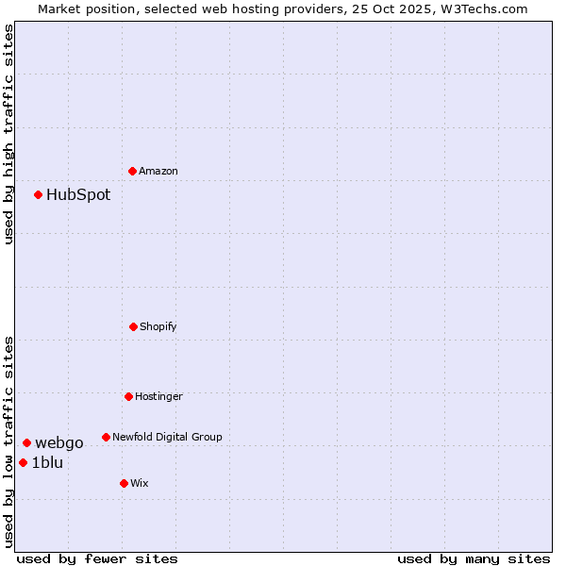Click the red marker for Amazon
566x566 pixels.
pyautogui.click(x=133, y=171)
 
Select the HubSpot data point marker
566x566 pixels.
pyautogui.click(x=39, y=195)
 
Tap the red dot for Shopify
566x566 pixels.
pyautogui.click(x=134, y=326)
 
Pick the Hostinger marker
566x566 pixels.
pyautogui.click(x=129, y=396)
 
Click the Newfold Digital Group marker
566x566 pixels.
pyautogui.click(x=107, y=437)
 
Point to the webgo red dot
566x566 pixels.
pyautogui.click(x=27, y=442)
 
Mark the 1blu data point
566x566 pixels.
pyautogui.click(x=24, y=462)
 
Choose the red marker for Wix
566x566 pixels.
pyautogui.click(x=125, y=483)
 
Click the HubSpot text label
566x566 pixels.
pyautogui.click(x=78, y=195)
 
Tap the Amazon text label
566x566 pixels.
pyautogui.click(x=158, y=171)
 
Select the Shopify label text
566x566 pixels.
pyautogui.click(x=158, y=326)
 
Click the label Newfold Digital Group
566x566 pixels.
pyautogui.click(x=167, y=437)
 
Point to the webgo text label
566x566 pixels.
pyautogui.click(x=59, y=442)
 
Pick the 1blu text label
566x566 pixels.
pyautogui.click(x=47, y=462)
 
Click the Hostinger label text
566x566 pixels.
pyautogui.click(x=158, y=396)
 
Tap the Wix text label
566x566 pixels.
pyautogui.click(x=140, y=483)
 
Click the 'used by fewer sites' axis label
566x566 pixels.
pyautogui.click(x=97, y=558)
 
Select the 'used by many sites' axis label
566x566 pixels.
pyautogui.click(x=474, y=558)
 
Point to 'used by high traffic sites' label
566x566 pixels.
pyautogui.click(x=8, y=135)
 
